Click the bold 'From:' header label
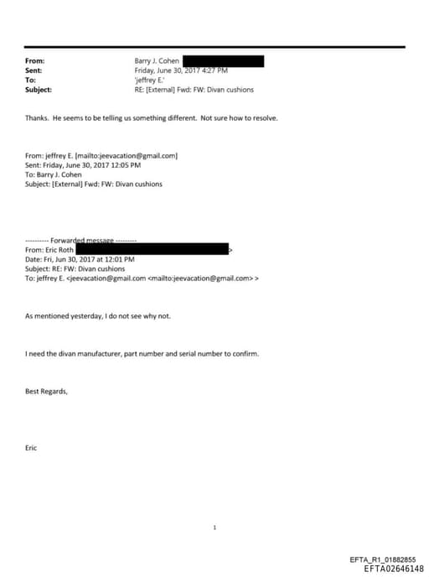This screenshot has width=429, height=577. pyautogui.click(x=34, y=61)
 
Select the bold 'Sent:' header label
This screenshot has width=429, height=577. pyautogui.click(x=34, y=70)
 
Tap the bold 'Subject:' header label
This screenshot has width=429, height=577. pyautogui.click(x=39, y=89)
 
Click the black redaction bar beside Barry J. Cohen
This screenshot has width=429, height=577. pyautogui.click(x=223, y=61)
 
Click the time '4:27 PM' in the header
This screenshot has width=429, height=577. pyautogui.click(x=215, y=70)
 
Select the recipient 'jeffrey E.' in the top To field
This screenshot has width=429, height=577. pyautogui.click(x=151, y=80)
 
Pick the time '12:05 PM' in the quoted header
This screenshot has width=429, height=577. pyautogui.click(x=122, y=165)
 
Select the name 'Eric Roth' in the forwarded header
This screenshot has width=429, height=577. pyautogui.click(x=59, y=250)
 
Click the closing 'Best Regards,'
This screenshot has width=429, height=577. pyautogui.click(x=46, y=391)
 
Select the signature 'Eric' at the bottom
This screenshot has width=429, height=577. pyautogui.click(x=32, y=448)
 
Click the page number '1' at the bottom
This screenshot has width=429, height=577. pyautogui.click(x=214, y=528)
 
